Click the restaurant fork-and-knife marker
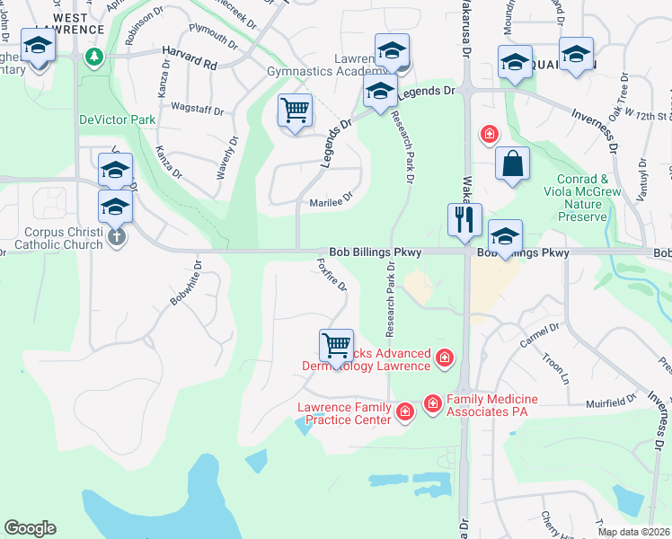click(464, 220)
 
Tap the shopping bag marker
click(512, 164)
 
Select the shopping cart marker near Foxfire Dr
click(336, 346)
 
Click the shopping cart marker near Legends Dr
click(295, 110)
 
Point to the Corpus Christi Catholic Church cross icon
click(116, 237)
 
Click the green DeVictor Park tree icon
click(93, 57)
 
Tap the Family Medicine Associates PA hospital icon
click(432, 404)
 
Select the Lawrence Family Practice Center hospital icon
click(404, 412)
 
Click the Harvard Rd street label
click(190, 65)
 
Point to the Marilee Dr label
click(332, 203)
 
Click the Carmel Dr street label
click(539, 337)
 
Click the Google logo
click(30, 528)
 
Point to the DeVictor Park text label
click(117, 119)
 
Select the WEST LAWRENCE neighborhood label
click(78, 23)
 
